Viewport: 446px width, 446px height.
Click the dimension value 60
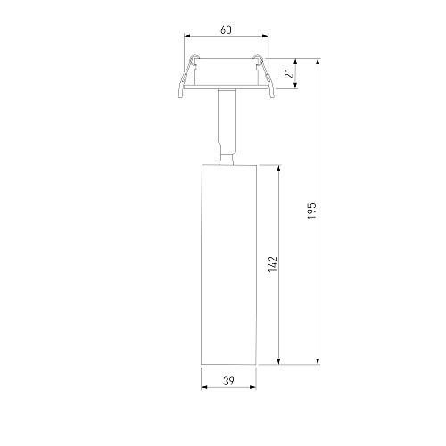pyautogui.click(x=226, y=30)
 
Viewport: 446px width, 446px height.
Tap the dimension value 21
pyautogui.click(x=289, y=73)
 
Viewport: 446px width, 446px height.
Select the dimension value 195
pyautogui.click(x=311, y=211)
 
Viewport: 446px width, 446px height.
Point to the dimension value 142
pyautogui.click(x=272, y=264)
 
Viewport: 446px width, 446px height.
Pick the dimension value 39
pyautogui.click(x=228, y=381)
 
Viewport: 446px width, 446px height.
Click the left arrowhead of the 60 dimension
pyautogui.click(x=187, y=36)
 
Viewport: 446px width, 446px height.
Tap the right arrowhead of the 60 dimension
pyautogui.click(x=265, y=36)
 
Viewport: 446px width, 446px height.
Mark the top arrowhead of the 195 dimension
pyautogui.click(x=318, y=62)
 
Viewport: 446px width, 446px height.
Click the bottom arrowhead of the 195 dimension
pyautogui.click(x=318, y=361)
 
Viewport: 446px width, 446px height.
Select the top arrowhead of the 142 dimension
pyautogui.click(x=278, y=169)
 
